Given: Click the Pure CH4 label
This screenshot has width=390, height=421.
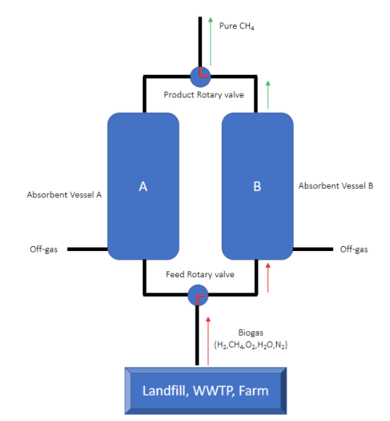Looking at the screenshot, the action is click(x=237, y=26).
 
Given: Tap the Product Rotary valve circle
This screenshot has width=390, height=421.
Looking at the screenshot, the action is click(x=201, y=77).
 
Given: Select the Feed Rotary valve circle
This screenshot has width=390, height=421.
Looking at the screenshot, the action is click(x=198, y=295).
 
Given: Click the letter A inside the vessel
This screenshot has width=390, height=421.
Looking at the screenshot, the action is click(x=143, y=186).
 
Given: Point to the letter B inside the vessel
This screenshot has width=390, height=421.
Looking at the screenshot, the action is click(x=258, y=186).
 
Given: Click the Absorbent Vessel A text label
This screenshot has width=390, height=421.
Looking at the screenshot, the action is click(x=64, y=195).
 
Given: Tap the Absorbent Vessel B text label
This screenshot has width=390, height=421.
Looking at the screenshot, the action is click(x=336, y=185).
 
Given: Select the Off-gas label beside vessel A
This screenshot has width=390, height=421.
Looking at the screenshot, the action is click(x=44, y=250).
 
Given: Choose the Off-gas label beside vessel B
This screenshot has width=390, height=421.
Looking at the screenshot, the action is click(x=354, y=250).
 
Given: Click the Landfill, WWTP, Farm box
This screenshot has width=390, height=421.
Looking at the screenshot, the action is click(x=206, y=391).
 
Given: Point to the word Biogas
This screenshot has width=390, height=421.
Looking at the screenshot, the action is click(x=251, y=333).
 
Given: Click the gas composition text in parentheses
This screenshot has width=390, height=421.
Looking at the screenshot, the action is click(x=251, y=345).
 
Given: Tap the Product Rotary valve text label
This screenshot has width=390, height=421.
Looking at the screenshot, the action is click(x=204, y=94).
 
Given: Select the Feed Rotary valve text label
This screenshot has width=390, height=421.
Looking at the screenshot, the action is click(x=200, y=274).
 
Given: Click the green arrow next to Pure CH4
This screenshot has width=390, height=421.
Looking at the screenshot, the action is click(x=210, y=42).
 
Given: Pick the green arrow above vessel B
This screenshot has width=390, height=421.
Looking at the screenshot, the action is click(x=268, y=94).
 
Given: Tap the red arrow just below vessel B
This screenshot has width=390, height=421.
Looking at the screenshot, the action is click(x=268, y=278).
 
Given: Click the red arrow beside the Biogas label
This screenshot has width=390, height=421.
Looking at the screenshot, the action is click(x=208, y=341).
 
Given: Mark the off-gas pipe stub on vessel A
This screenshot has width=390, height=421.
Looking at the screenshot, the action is click(x=87, y=250).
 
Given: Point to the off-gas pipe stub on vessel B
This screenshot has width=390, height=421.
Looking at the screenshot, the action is click(x=313, y=250).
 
